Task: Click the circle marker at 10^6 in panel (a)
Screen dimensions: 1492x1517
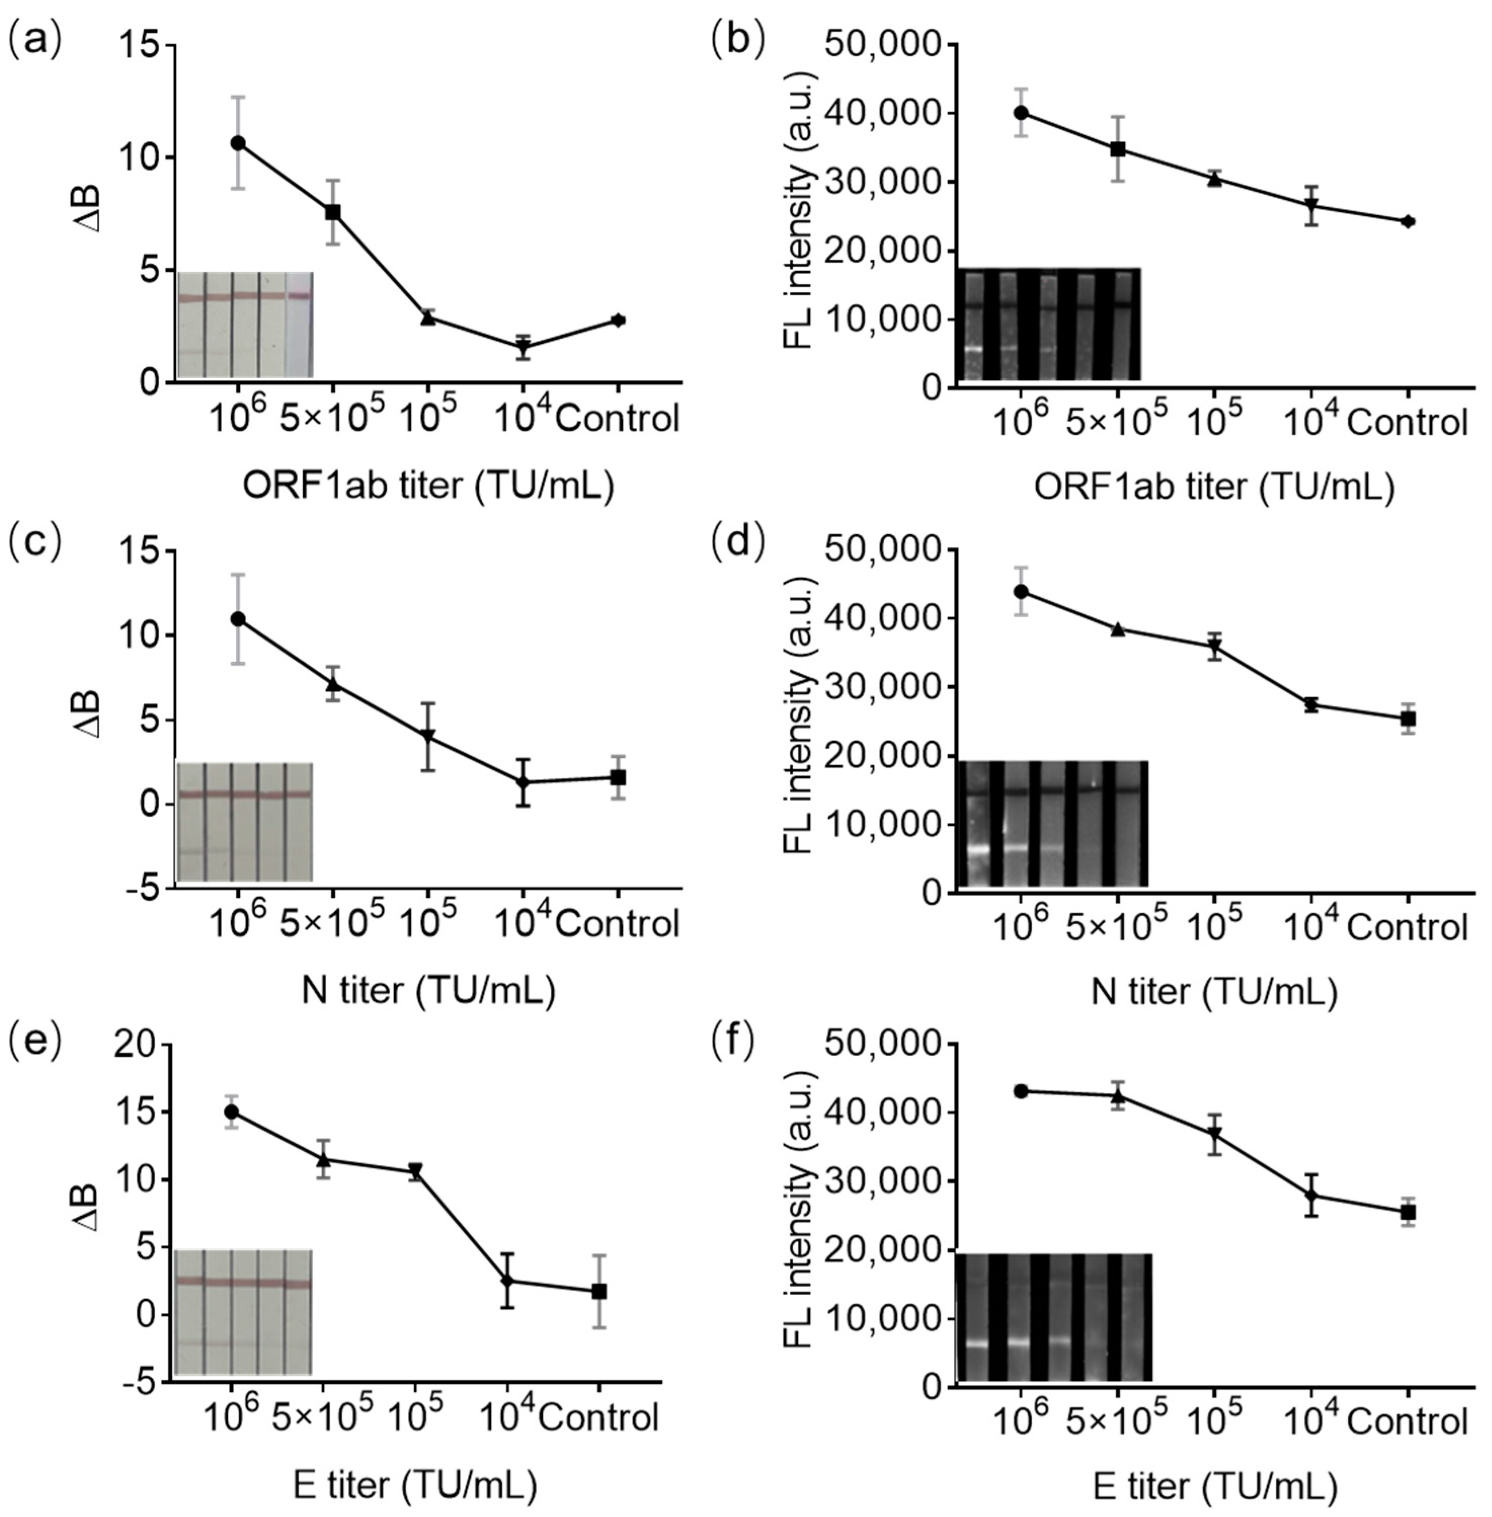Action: coord(237,143)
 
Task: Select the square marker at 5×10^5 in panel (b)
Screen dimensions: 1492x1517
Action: coord(1118,149)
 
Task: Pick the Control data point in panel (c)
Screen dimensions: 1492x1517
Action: coord(618,777)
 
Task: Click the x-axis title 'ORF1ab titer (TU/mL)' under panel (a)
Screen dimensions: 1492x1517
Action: coord(428,487)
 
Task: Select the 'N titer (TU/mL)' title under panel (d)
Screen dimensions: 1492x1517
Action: coord(1214,992)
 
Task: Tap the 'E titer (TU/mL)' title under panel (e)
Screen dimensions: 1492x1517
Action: coord(415,1485)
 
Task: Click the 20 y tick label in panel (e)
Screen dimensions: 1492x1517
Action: coord(135,1046)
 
